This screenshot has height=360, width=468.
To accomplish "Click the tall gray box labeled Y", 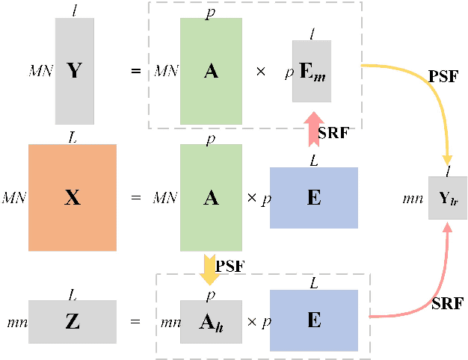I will click(74, 71).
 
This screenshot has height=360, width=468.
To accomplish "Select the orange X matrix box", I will click(73, 197).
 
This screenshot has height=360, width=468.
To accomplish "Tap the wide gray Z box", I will click(73, 321).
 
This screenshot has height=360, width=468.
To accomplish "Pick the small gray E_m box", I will click(311, 71).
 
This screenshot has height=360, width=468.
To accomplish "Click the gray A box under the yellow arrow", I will click(211, 321).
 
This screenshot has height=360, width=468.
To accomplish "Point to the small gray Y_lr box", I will click(447, 198).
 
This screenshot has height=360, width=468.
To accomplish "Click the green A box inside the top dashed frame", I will click(211, 71).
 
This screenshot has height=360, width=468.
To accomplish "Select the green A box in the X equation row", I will click(211, 197).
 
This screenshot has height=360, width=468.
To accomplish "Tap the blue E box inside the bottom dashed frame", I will click(313, 321).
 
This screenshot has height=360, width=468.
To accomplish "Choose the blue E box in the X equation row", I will click(313, 197).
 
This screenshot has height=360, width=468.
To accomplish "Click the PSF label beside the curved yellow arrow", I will click(443, 76).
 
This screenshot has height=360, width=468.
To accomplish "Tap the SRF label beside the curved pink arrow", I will click(447, 303).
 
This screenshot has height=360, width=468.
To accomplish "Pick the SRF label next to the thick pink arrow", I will click(333, 132).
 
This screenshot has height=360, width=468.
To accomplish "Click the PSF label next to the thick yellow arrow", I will click(229, 265).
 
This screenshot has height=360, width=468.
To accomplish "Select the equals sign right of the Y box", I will click(136, 72).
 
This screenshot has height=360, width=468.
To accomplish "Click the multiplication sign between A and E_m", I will click(260, 72).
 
